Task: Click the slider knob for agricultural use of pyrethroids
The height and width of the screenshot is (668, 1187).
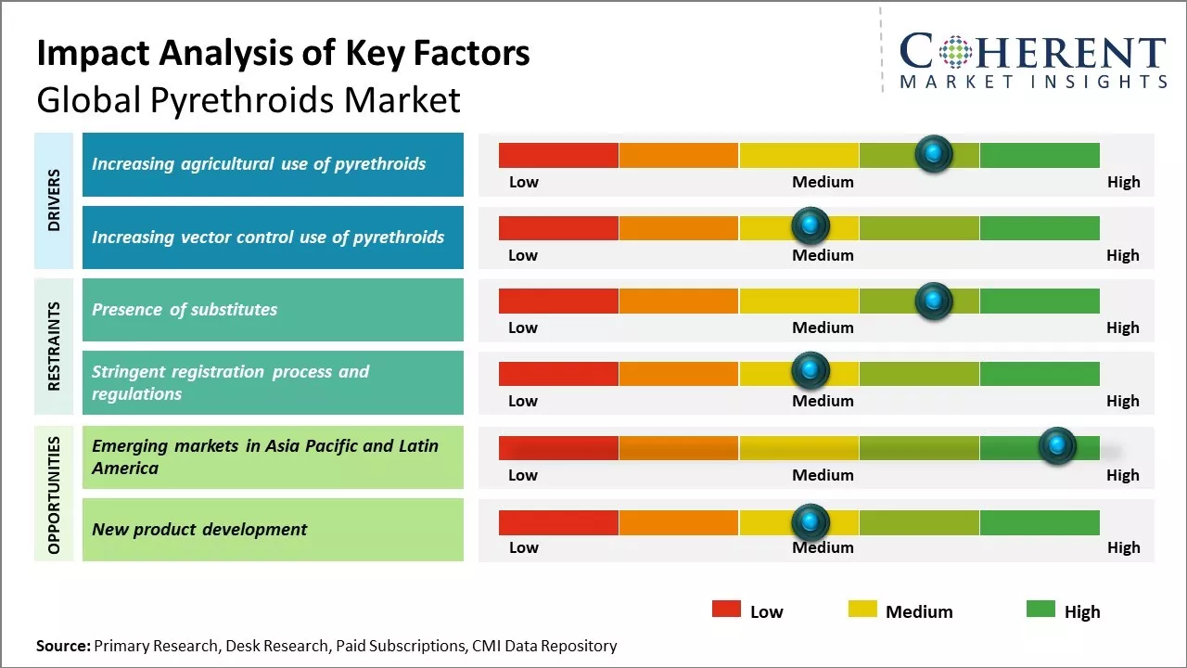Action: coord(934,153)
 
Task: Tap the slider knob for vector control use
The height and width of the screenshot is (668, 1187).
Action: coord(810,225)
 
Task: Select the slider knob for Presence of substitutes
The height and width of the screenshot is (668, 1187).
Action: coord(934,301)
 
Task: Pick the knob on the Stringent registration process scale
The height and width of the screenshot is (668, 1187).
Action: coord(810,371)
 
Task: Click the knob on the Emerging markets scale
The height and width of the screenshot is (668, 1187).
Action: coord(1057,445)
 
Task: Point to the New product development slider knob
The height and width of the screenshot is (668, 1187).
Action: coord(810,522)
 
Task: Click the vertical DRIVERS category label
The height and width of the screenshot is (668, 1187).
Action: coord(54,200)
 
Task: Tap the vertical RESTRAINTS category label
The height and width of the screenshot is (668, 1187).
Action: coord(54,346)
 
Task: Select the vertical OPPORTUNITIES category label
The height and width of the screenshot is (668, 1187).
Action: coord(54,495)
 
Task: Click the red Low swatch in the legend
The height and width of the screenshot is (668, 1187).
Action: coord(726,610)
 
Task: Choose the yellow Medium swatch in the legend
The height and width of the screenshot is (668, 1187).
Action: coord(862,610)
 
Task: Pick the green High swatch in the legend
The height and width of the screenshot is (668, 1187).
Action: coord(1040,610)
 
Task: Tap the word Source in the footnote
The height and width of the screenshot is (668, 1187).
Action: coord(63,646)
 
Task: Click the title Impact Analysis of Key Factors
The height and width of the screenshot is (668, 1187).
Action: coord(283,54)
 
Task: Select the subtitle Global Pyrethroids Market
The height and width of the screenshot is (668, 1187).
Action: coord(249,99)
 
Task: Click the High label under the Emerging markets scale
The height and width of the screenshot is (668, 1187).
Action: coord(1122,475)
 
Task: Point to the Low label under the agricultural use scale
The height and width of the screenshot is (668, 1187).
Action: coord(523,182)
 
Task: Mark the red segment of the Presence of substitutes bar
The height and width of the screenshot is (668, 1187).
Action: coord(558,301)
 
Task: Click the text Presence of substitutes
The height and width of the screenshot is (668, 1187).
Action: coord(185,310)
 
